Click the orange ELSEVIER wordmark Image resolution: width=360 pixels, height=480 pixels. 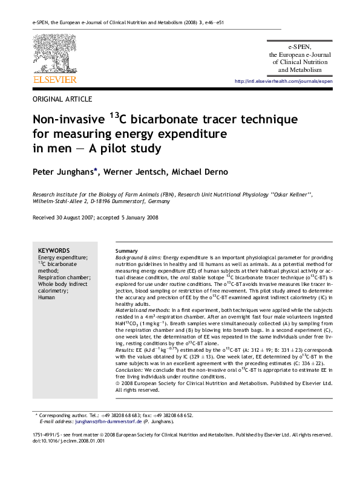coord(54,79)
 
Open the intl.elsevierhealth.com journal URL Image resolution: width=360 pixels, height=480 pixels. coord(283,81)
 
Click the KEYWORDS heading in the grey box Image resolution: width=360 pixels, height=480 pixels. coord(54,250)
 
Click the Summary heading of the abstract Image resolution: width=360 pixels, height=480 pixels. coord(126,251)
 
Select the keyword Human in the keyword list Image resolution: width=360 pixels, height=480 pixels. coord(47,297)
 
